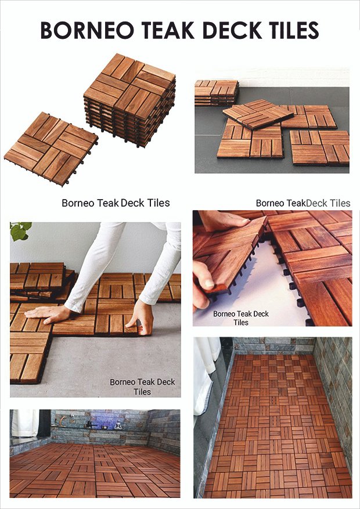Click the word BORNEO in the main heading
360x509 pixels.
click(87, 31)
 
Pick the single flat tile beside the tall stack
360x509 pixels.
click(51, 149)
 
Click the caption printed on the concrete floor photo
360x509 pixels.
click(142, 387)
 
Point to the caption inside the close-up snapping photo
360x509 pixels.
click(241, 318)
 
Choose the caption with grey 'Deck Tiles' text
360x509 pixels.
click(303, 203)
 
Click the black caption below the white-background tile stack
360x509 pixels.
click(116, 203)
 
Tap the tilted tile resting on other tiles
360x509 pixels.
click(258, 114)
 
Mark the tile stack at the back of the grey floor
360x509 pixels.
click(217, 93)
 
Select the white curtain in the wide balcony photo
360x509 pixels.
click(25, 423)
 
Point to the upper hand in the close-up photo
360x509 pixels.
click(224, 220)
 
